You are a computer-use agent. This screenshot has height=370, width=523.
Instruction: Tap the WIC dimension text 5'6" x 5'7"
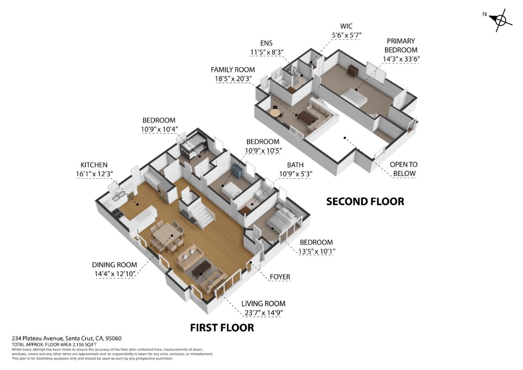[x=346, y=35]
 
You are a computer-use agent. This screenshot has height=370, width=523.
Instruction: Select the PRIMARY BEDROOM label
[x=401, y=45]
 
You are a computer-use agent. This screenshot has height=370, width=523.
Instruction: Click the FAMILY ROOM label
[x=233, y=70]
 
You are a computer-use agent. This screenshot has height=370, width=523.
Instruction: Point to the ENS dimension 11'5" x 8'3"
[x=267, y=52]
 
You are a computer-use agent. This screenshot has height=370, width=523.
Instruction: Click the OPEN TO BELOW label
[x=404, y=169]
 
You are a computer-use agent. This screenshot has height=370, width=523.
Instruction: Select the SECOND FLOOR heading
[x=365, y=202]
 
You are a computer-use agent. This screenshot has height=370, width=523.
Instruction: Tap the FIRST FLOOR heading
[x=222, y=328]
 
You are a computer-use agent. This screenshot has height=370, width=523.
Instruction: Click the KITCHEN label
[x=94, y=165]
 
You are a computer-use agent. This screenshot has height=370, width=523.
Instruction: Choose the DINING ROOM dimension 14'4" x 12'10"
[x=115, y=274]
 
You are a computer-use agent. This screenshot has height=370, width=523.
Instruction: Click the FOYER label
[x=280, y=277]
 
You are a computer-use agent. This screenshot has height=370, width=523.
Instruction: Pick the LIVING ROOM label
[x=263, y=303]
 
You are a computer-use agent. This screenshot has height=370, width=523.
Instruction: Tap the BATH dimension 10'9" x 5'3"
[x=296, y=174]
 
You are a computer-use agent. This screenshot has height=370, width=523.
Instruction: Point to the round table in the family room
[x=276, y=113]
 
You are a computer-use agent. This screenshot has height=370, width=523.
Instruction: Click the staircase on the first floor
[x=198, y=213]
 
